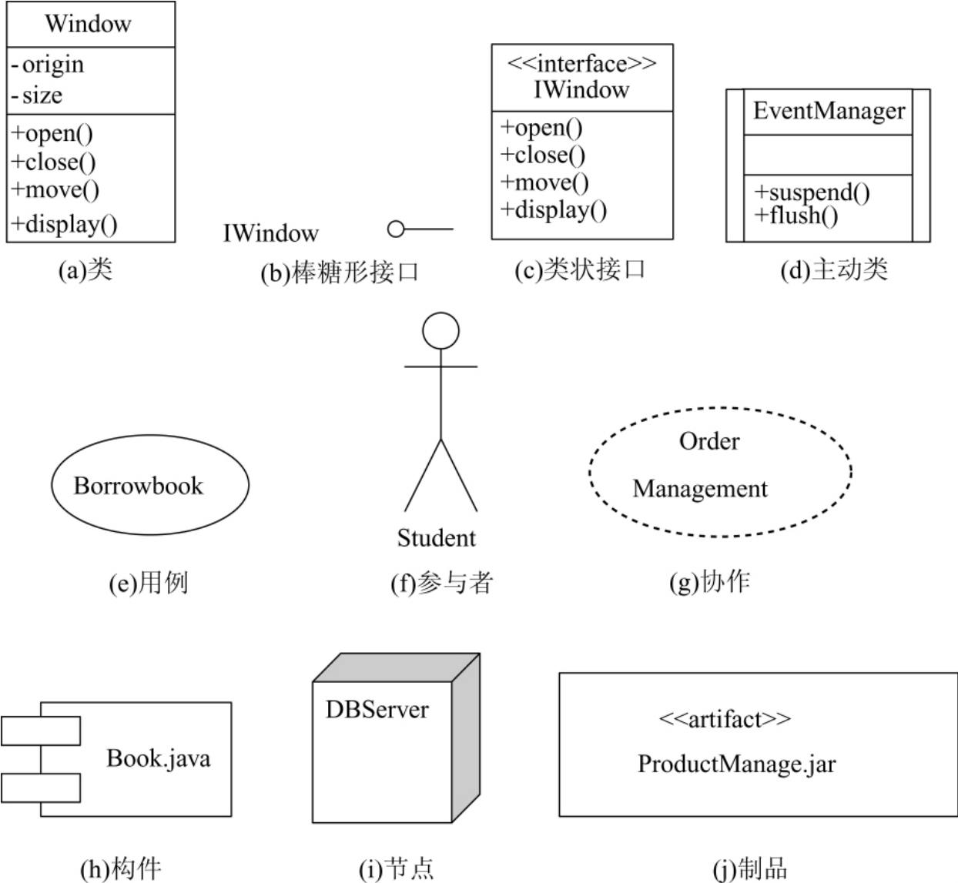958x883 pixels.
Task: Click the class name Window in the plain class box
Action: pyautogui.click(x=88, y=24)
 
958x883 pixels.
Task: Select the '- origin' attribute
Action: pyautogui.click(x=48, y=65)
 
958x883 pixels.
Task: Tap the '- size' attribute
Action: pyautogui.click(x=37, y=95)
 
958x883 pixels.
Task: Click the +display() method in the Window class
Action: pyautogui.click(x=65, y=224)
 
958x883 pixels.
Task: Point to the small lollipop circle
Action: pyautogui.click(x=396, y=229)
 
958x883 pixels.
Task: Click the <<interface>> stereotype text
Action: pyautogui.click(x=581, y=63)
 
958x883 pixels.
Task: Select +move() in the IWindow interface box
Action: pyautogui.click(x=544, y=182)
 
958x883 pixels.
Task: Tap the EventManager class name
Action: pyautogui.click(x=829, y=111)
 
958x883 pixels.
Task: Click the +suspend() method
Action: pyautogui.click(x=812, y=192)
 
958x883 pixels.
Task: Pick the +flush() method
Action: pyautogui.click(x=796, y=215)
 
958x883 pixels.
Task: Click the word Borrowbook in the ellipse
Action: pyautogui.click(x=139, y=486)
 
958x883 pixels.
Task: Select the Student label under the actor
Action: pyautogui.click(x=437, y=538)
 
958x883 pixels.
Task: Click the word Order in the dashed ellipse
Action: pyautogui.click(x=708, y=442)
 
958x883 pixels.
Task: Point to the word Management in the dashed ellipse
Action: pyautogui.click(x=700, y=489)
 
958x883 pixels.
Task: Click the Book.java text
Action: pyautogui.click(x=158, y=758)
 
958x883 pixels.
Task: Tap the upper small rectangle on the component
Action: pyautogui.click(x=41, y=731)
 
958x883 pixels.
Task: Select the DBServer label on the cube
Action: pyautogui.click(x=377, y=709)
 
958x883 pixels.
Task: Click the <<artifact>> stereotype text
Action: pyautogui.click(x=725, y=719)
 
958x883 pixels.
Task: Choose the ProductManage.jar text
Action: pyautogui.click(x=736, y=764)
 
